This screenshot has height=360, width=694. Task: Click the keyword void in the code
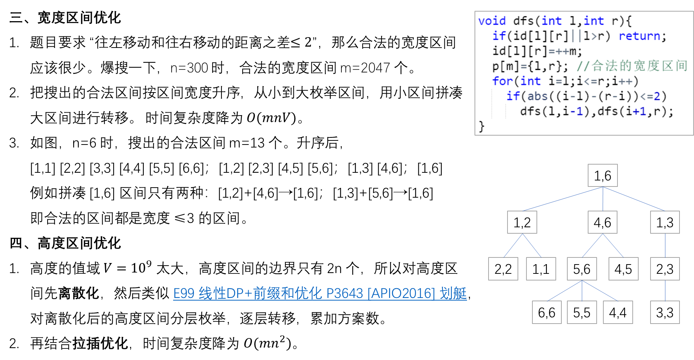[x=492, y=21]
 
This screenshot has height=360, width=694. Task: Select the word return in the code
[x=639, y=36]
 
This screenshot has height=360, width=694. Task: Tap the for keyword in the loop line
[x=502, y=81]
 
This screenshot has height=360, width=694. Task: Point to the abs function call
[x=537, y=96]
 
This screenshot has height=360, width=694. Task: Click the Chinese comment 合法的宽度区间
[x=639, y=66]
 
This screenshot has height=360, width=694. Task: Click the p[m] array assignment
[x=505, y=66]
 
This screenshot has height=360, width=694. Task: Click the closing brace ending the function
[x=481, y=126]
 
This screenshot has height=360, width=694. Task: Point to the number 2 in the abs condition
[x=657, y=96]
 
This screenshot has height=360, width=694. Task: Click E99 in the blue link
[x=184, y=293]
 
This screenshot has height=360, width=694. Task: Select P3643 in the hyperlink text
[x=344, y=293]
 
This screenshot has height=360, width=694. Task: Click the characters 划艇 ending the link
[x=453, y=293]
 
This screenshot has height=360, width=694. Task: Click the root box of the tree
[x=603, y=175]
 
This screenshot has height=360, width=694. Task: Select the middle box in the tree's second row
[x=603, y=222]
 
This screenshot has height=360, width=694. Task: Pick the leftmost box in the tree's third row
[x=503, y=269]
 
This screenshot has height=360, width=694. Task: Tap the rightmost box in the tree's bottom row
[x=665, y=312]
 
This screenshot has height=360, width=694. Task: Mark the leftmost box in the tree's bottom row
[x=547, y=312]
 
